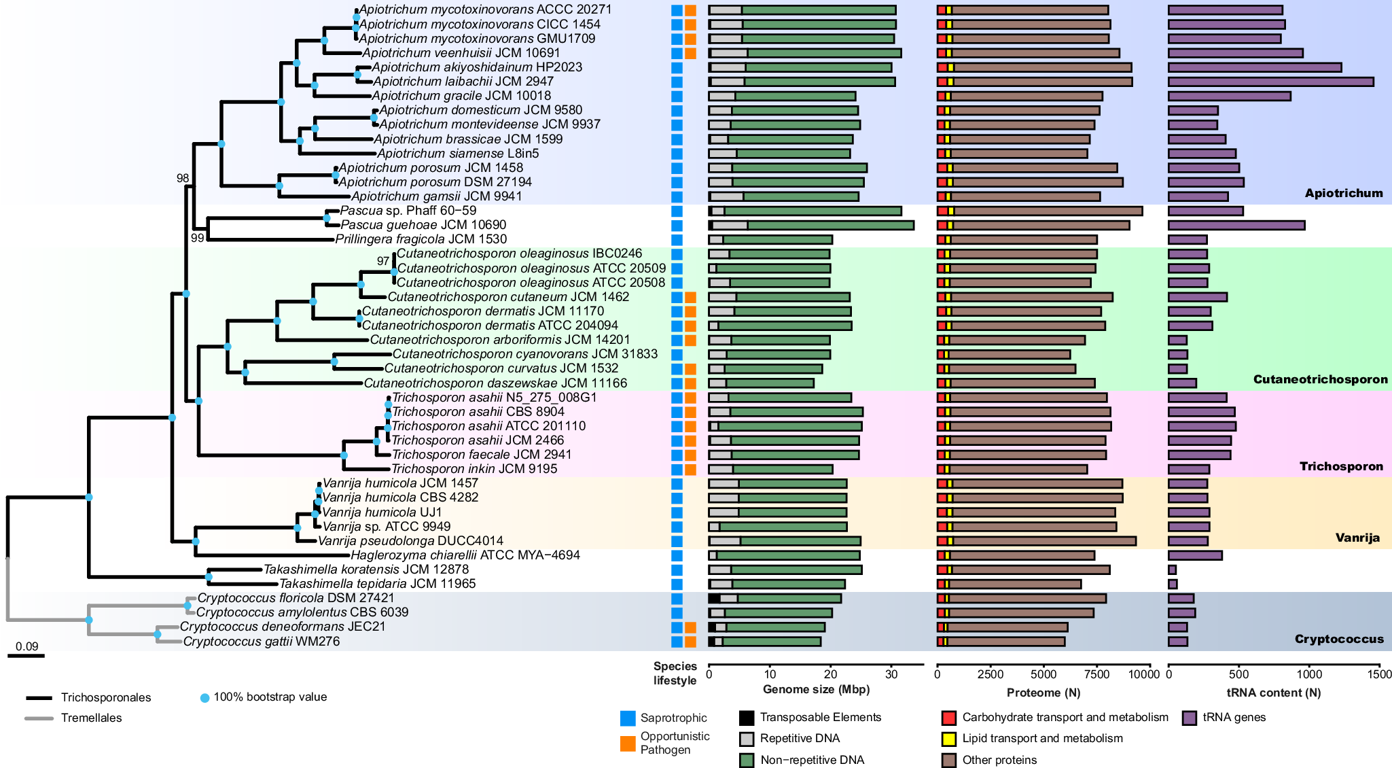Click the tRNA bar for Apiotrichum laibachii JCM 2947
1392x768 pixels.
pos(1270,82)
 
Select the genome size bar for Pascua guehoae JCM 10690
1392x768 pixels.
pos(811,225)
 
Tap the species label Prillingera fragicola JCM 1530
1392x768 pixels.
pos(421,239)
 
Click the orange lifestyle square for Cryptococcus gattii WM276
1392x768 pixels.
pos(690,642)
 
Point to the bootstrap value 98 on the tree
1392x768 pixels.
pos(183,179)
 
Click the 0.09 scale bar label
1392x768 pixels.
pos(27,646)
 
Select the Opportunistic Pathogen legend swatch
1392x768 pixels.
pos(628,744)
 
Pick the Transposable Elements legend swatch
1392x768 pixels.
pos(747,718)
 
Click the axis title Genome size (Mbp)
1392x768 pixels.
pos(816,689)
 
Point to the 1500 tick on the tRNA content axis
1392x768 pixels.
pos(1379,674)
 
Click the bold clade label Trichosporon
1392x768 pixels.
pos(1341,466)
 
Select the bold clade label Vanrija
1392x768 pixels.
pos(1357,538)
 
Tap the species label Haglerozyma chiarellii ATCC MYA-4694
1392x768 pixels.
pos(465,555)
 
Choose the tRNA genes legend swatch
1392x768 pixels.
pos(1189,718)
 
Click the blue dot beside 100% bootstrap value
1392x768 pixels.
pos(204,697)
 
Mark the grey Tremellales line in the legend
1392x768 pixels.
pos(39,718)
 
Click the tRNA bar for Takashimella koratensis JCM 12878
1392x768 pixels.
pos(1172,570)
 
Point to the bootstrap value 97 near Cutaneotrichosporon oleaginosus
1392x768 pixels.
pos(383,261)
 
